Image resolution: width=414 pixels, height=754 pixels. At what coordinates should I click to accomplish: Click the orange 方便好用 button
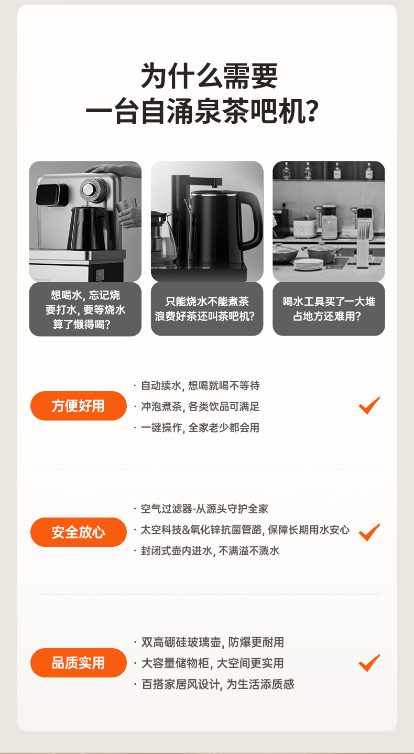(79, 406)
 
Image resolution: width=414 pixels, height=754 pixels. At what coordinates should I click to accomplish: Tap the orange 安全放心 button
(79, 532)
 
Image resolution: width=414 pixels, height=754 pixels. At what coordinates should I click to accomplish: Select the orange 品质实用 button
(79, 663)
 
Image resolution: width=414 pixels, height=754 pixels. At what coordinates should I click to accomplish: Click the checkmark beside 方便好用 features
(369, 406)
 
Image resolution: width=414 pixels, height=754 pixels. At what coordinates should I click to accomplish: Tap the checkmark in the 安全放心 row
(369, 533)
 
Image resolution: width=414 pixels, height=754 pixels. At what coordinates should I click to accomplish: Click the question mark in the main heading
(312, 110)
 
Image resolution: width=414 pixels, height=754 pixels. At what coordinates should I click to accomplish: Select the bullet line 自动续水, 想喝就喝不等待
(200, 385)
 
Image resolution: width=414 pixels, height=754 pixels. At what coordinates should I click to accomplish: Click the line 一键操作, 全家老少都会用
(200, 427)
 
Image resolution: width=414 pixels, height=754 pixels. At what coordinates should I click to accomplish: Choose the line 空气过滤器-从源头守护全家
(204, 509)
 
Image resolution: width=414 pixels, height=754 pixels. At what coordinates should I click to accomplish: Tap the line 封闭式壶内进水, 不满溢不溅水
(210, 551)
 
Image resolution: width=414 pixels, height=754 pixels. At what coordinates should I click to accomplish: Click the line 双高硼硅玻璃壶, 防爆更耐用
(213, 642)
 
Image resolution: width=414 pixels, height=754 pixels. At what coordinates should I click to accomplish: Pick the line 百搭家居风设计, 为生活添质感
(218, 684)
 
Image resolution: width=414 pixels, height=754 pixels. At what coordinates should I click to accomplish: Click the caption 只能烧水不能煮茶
(207, 301)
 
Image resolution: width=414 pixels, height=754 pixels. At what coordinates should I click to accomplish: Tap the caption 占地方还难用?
(327, 316)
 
